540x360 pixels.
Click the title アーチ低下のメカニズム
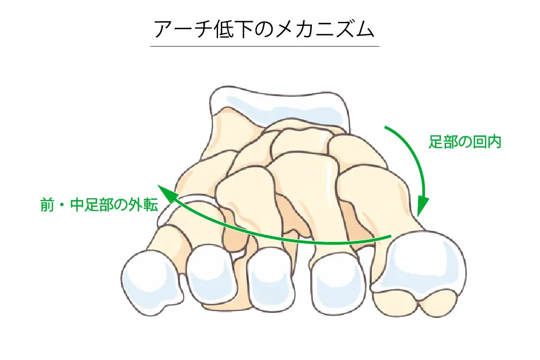click(x=264, y=29)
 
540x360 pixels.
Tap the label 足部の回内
click(x=465, y=142)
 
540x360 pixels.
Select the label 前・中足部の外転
click(x=99, y=205)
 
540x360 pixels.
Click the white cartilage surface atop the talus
click(x=279, y=105)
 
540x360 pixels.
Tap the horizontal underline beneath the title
click(x=265, y=46)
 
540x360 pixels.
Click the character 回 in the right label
click(x=480, y=142)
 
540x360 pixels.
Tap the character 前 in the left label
click(x=48, y=205)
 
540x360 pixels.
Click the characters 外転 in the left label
click(x=144, y=205)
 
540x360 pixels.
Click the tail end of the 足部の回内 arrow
click(x=385, y=127)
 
